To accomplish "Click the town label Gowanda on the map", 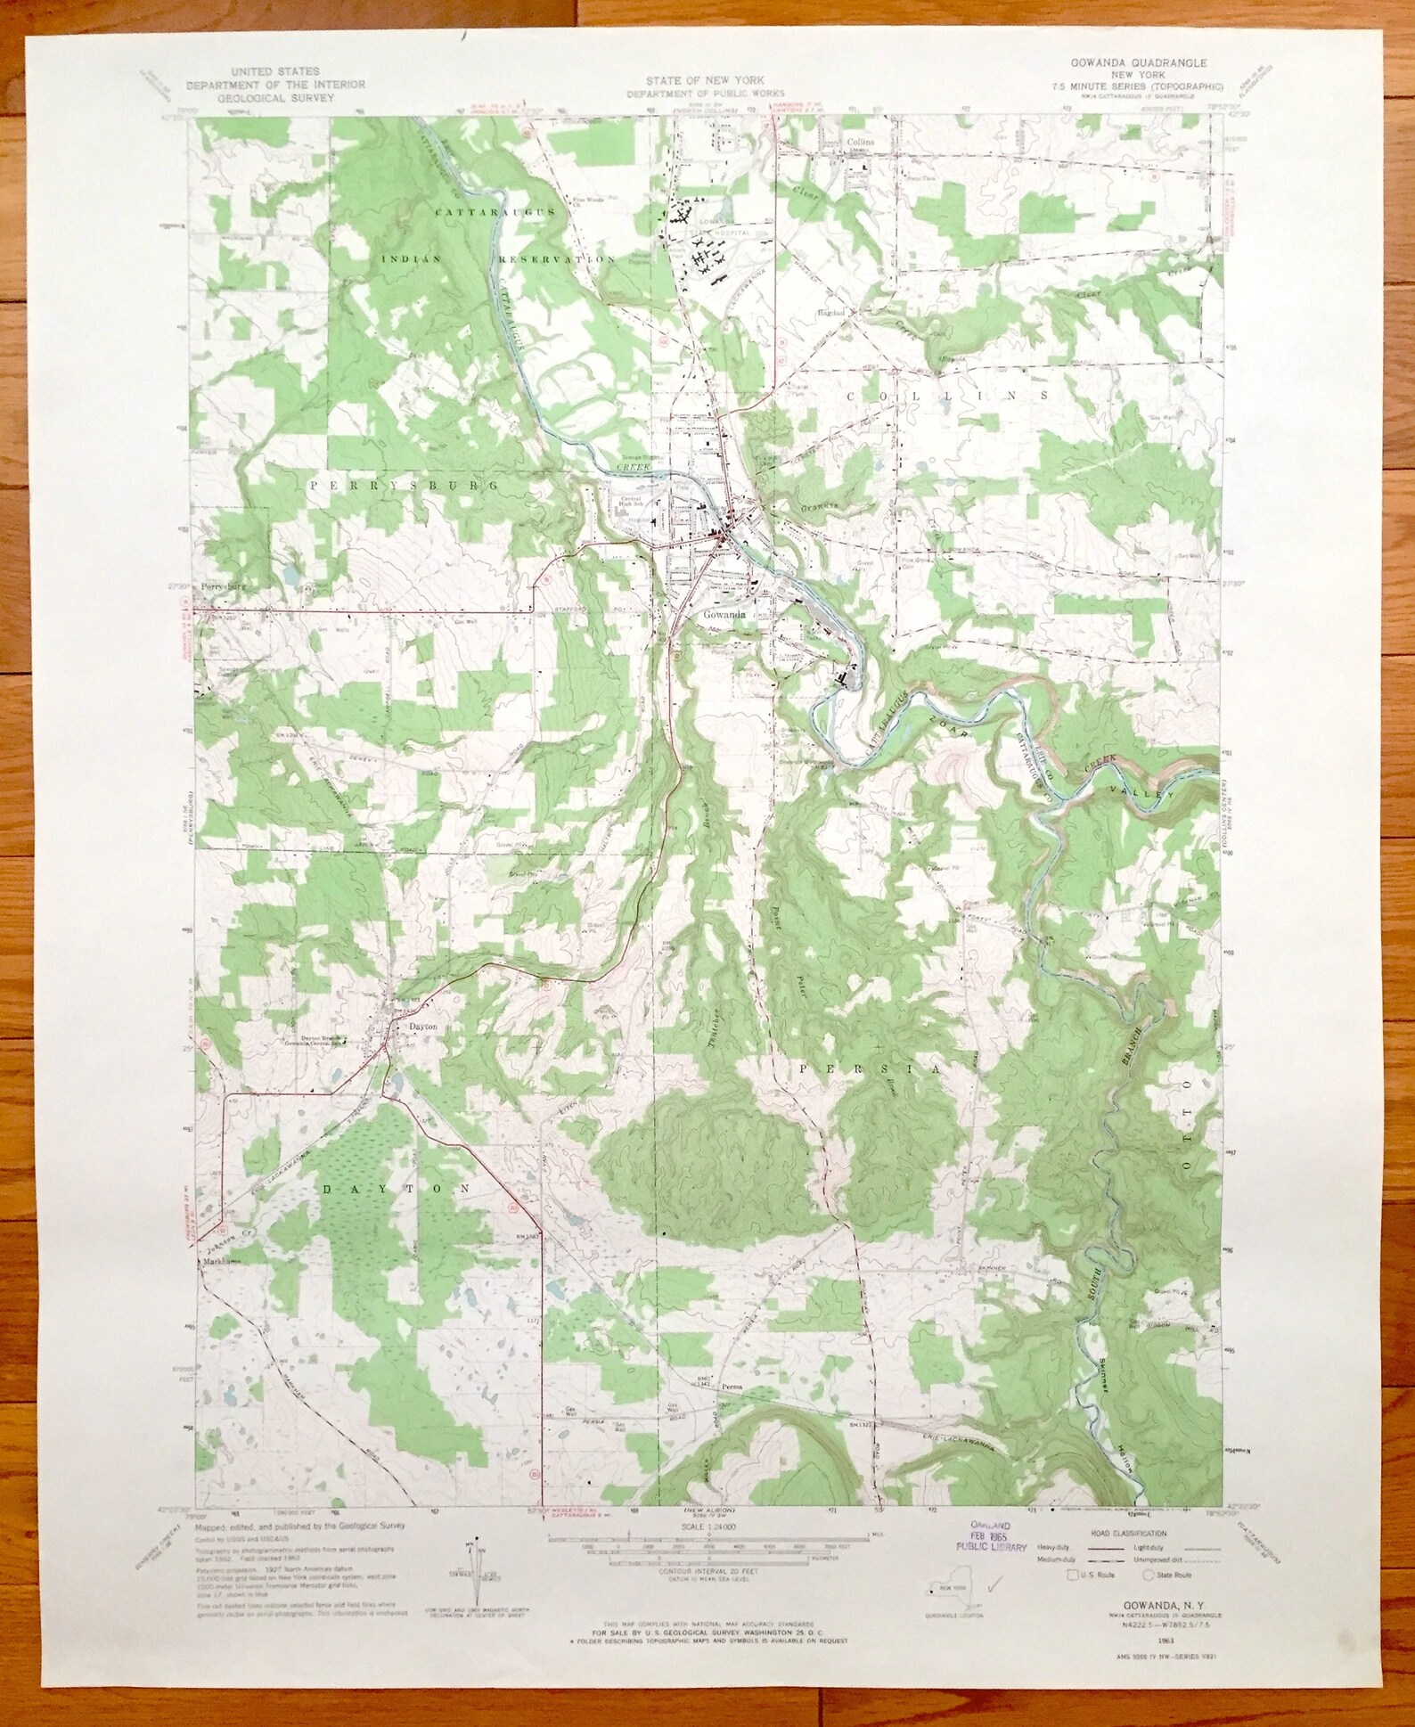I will click(x=722, y=614).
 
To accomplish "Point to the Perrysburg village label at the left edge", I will click(x=222, y=587).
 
